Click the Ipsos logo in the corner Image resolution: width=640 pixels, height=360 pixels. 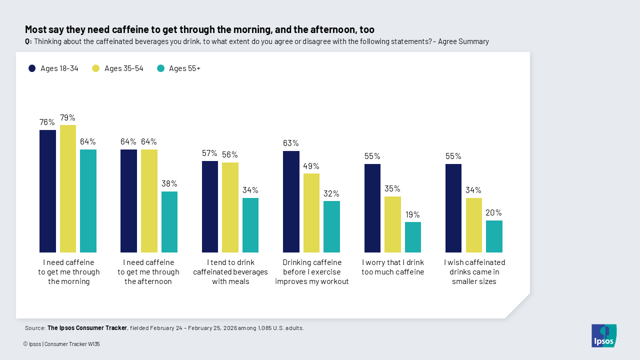click(x=604, y=335)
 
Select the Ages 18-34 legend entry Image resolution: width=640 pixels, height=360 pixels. click(x=53, y=68)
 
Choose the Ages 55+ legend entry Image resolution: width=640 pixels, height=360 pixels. click(x=178, y=68)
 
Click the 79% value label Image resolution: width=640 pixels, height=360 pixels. click(x=67, y=118)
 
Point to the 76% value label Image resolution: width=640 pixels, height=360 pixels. click(x=47, y=122)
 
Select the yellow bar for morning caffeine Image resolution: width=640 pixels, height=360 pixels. click(x=68, y=188)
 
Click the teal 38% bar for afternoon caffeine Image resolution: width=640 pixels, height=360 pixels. click(x=169, y=222)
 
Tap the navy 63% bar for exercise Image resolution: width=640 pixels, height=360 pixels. click(x=291, y=201)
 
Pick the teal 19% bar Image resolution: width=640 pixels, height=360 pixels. click(x=412, y=237)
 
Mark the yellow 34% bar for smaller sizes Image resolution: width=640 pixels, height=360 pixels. click(x=473, y=225)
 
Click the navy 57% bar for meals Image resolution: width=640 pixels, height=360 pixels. click(x=210, y=206)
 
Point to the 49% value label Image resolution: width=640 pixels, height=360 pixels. click(x=311, y=166)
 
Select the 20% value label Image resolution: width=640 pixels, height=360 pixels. click(x=493, y=212)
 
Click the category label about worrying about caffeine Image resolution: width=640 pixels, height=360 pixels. click(x=392, y=267)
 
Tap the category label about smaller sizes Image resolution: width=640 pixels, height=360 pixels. click(x=473, y=272)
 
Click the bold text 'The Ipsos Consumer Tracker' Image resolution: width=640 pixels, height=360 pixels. click(x=87, y=328)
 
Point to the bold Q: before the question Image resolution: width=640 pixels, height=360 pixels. click(x=28, y=41)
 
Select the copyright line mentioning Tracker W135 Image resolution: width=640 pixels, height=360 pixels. click(x=61, y=344)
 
